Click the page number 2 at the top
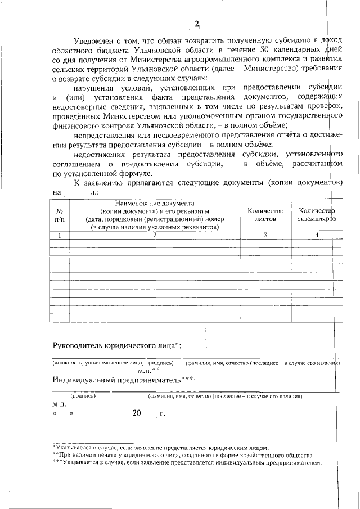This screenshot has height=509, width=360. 196,24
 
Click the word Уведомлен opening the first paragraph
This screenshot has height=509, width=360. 94,40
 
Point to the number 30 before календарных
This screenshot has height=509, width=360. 247,50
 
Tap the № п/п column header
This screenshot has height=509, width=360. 59,214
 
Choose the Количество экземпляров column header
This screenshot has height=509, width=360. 317,214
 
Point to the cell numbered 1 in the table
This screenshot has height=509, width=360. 59,235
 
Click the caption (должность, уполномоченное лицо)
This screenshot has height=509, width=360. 99,363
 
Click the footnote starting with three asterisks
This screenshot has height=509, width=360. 186,462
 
